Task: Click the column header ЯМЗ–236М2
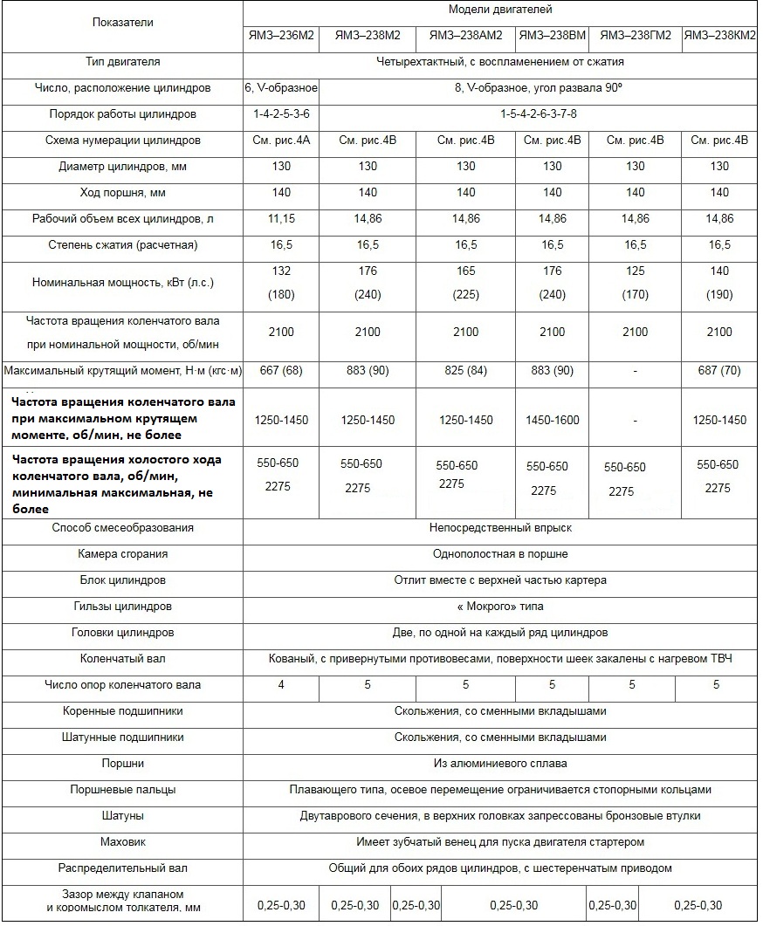tap(280, 36)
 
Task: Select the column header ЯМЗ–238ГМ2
tap(635, 36)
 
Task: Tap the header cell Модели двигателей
tap(500, 10)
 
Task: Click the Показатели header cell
tap(122, 23)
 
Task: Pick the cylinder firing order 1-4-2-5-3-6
tap(280, 114)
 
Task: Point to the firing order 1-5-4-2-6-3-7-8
tap(539, 114)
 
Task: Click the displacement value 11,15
tap(280, 219)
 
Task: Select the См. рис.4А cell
tap(280, 141)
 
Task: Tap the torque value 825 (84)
tap(465, 371)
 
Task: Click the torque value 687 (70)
tap(719, 371)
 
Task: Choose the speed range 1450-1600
tap(552, 420)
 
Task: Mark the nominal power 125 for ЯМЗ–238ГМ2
tap(635, 271)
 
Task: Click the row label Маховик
tap(122, 842)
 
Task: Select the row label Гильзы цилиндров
tap(122, 607)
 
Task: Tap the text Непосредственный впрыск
tap(500, 528)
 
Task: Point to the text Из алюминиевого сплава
tap(500, 764)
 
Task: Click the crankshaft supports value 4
tap(280, 685)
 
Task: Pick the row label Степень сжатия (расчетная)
tap(122, 245)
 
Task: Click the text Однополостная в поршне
tap(500, 554)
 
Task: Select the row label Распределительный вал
tap(122, 868)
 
